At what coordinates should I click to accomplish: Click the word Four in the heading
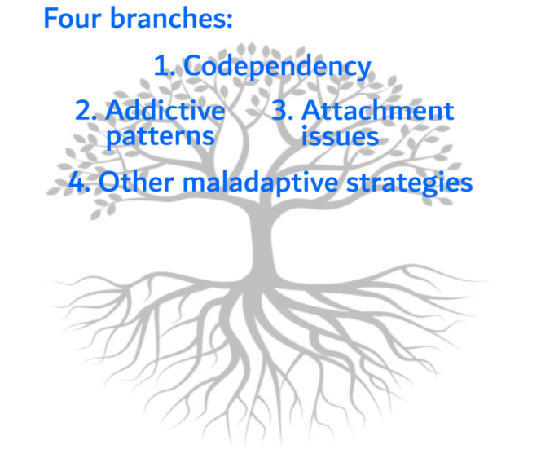pyautogui.click(x=73, y=18)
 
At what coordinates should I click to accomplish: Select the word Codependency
pyautogui.click(x=277, y=67)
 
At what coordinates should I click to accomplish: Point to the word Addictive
pyautogui.click(x=165, y=111)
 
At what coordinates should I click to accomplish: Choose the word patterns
pyautogui.click(x=161, y=137)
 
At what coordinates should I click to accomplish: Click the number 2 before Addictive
pyautogui.click(x=83, y=111)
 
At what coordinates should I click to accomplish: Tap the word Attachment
pyautogui.click(x=378, y=111)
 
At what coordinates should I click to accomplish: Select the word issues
pyautogui.click(x=341, y=136)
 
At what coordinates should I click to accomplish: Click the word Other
pyautogui.click(x=136, y=182)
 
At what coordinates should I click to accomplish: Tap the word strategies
pyautogui.click(x=410, y=183)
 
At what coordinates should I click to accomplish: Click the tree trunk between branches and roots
pyautogui.click(x=262, y=241)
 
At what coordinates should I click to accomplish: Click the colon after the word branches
pyautogui.click(x=229, y=21)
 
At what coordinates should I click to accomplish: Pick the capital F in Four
pyautogui.click(x=51, y=18)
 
